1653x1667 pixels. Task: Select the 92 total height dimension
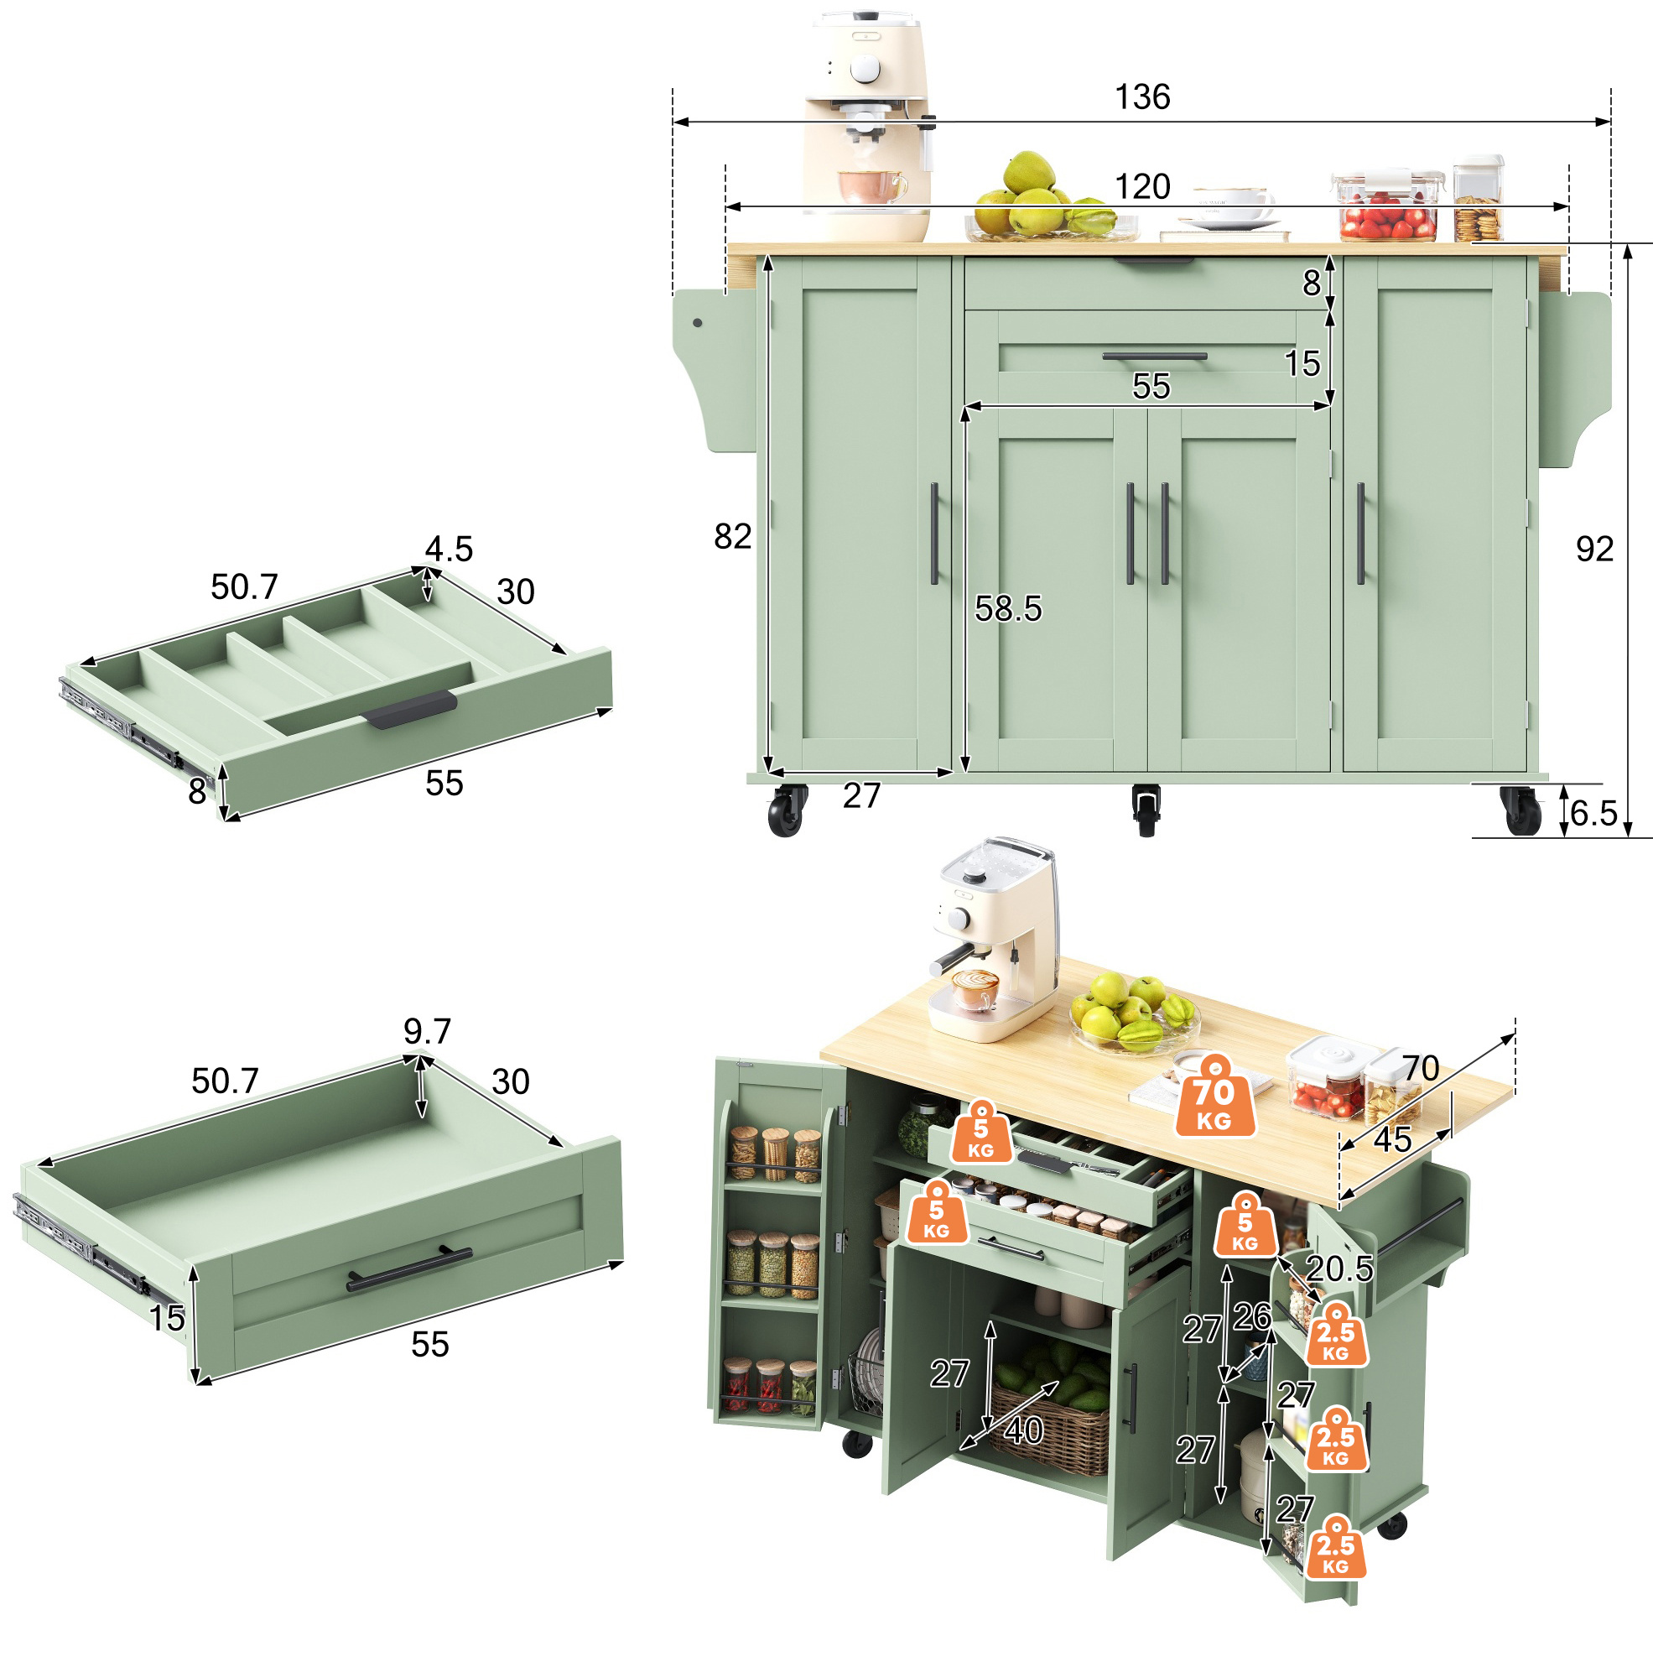[x=1593, y=549]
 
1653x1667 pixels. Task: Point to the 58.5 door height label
[x=1008, y=608]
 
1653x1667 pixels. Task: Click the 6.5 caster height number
[x=1593, y=813]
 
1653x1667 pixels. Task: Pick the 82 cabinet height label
[x=732, y=536]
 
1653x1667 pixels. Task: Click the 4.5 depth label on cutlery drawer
[x=449, y=549]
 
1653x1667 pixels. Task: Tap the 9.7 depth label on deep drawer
[x=427, y=1030]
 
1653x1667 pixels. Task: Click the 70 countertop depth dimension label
[x=1420, y=1068]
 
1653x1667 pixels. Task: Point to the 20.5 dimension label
[x=1339, y=1268]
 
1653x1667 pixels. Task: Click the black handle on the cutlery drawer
[x=410, y=710]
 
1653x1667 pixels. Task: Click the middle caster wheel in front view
[x=1145, y=810]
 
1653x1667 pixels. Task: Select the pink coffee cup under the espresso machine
[x=871, y=186]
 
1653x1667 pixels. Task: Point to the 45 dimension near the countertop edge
[x=1392, y=1140]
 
